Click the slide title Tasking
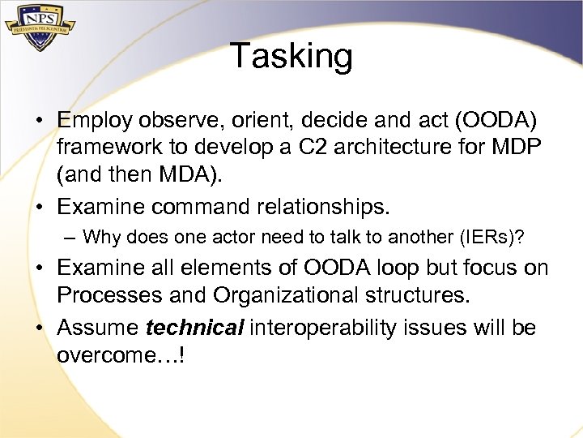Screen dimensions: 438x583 291,57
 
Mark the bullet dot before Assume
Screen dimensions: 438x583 39,327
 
